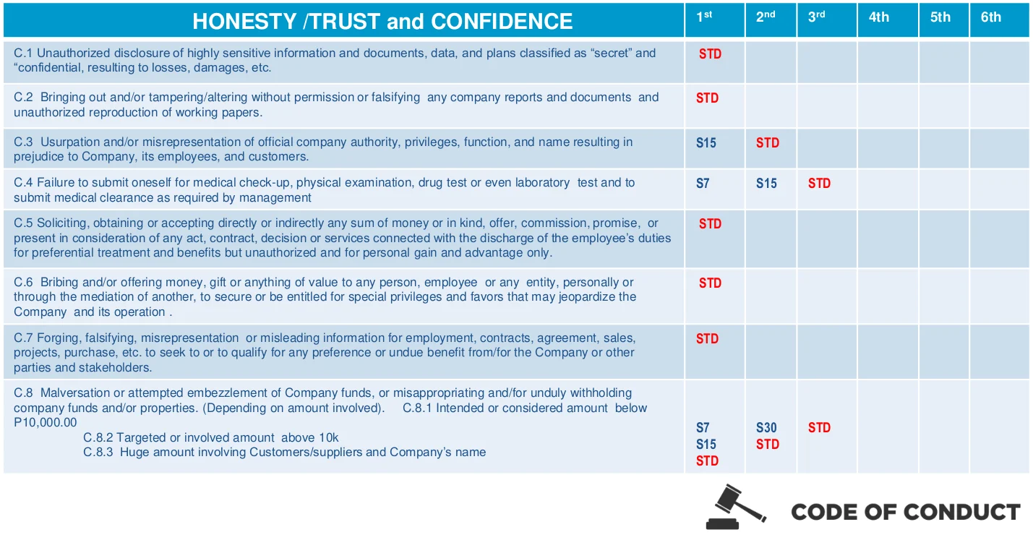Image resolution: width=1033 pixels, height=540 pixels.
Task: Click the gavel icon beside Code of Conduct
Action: pyautogui.click(x=736, y=507)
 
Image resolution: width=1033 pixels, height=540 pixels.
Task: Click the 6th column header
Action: pyautogui.click(x=990, y=17)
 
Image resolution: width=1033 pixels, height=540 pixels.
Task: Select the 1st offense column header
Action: pyautogui.click(x=704, y=17)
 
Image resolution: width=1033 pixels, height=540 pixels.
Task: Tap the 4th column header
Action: pyautogui.click(x=878, y=17)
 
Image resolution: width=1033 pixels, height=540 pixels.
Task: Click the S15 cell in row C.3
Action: pyautogui.click(x=706, y=143)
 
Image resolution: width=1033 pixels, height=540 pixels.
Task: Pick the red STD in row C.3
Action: pyautogui.click(x=767, y=143)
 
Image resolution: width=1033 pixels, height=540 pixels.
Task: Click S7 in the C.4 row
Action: pyautogui.click(x=703, y=184)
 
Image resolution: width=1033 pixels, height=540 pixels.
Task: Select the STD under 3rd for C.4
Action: pyautogui.click(x=819, y=184)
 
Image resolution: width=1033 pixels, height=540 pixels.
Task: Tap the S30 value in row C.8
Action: pyautogui.click(x=766, y=428)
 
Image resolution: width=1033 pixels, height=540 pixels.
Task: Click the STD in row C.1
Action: pyautogui.click(x=710, y=54)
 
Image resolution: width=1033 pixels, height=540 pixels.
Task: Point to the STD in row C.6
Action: pyautogui.click(x=710, y=283)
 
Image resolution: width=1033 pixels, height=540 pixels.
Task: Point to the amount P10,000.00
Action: pyautogui.click(x=45, y=422)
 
